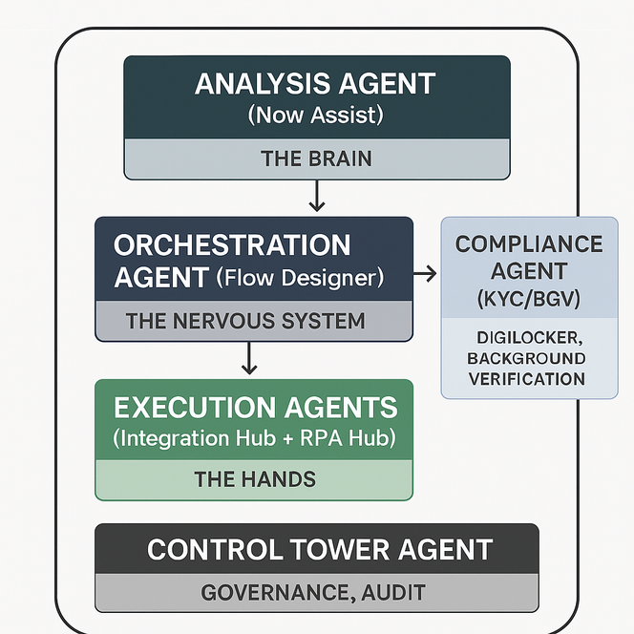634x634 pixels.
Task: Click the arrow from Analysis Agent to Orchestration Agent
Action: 317,196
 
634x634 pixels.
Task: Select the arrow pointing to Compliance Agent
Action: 425,274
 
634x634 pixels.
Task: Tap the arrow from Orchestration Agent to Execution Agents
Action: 250,357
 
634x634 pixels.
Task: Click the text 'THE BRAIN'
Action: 317,158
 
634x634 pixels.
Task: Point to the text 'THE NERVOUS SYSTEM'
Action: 245,321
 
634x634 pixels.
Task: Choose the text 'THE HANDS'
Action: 255,478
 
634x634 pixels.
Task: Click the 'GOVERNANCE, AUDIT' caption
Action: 313,593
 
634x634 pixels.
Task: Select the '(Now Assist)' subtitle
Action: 316,115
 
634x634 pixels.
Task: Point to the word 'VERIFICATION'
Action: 527,379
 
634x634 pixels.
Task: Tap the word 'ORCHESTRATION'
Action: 232,245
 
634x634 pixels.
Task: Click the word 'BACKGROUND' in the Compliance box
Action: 526,359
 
